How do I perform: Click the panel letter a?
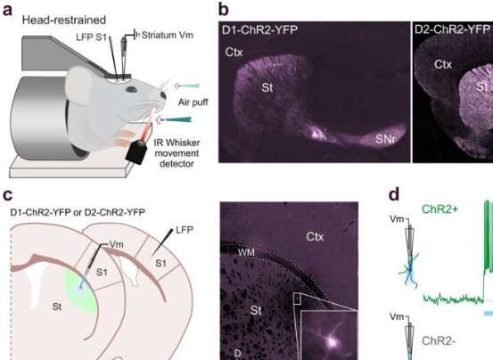(7, 10)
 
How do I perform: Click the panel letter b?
(223, 10)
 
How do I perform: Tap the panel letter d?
(394, 194)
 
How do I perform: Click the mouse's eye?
(131, 89)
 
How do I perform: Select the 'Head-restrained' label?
(64, 20)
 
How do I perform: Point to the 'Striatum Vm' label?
(167, 35)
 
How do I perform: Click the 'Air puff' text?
(193, 102)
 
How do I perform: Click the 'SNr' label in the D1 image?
(386, 138)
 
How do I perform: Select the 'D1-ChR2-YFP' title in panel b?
(259, 30)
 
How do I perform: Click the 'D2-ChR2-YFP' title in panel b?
(453, 29)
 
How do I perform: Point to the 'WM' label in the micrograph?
(246, 252)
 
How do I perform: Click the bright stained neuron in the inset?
(332, 340)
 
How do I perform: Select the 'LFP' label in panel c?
(185, 230)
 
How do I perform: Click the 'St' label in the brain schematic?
(57, 307)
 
